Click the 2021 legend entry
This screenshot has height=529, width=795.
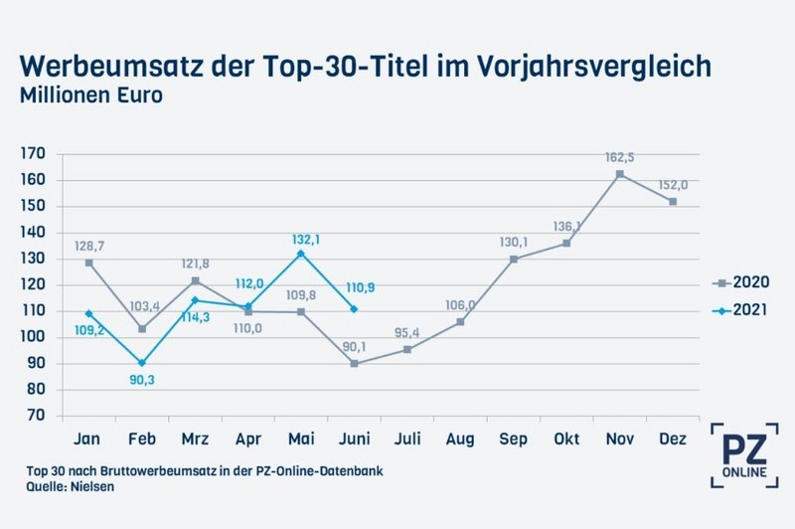[x=754, y=311]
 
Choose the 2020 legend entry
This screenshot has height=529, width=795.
[x=754, y=282]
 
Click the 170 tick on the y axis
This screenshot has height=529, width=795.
[x=33, y=154]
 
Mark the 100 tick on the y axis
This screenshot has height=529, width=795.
[x=33, y=337]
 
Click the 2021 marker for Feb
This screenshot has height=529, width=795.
[x=142, y=363]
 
